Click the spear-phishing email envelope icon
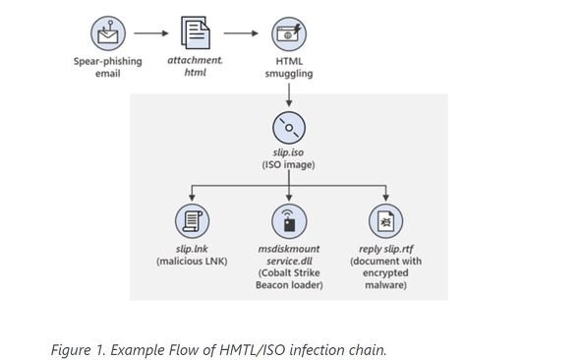pyautogui.click(x=108, y=33)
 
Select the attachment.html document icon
pyautogui.click(x=196, y=32)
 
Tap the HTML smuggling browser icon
pyautogui.click(x=289, y=33)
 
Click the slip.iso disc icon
pyautogui.click(x=289, y=128)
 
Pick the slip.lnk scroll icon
pyautogui.click(x=192, y=221)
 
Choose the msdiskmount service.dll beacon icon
pyautogui.click(x=289, y=221)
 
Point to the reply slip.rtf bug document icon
pyautogui.click(x=385, y=221)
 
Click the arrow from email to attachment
pyautogui.click(x=151, y=33)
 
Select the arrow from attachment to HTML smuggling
pyautogui.click(x=241, y=33)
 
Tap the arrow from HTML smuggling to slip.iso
pyautogui.click(x=289, y=94)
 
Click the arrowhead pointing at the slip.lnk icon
pyautogui.click(x=192, y=198)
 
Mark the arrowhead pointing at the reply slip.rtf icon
pyautogui.click(x=385, y=198)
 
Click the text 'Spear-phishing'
pyautogui.click(x=107, y=61)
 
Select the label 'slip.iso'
pyautogui.click(x=288, y=152)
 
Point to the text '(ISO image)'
pyautogui.click(x=288, y=164)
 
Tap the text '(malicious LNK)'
pyautogui.click(x=192, y=261)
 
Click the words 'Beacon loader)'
pyautogui.click(x=289, y=285)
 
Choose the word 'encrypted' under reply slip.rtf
pyautogui.click(x=385, y=273)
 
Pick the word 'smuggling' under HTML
pyautogui.click(x=289, y=74)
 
